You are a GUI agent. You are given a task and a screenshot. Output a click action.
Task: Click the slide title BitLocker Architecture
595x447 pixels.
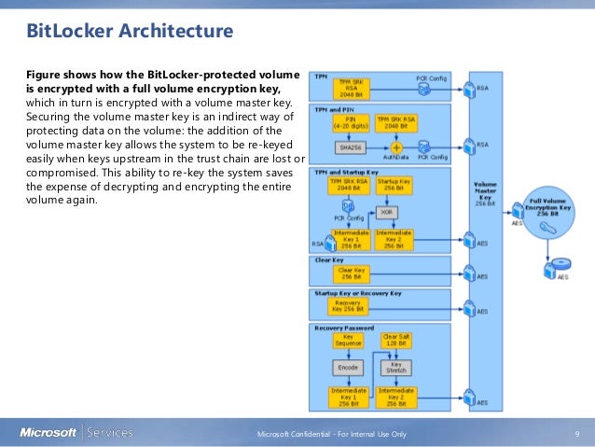click(131, 34)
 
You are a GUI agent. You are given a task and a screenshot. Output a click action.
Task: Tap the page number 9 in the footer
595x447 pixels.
click(577, 433)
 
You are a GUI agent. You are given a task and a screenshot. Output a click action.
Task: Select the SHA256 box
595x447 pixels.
click(350, 147)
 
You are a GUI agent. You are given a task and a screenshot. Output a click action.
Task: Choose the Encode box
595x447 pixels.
click(349, 368)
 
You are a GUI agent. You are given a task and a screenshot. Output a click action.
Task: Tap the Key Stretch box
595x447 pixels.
click(395, 368)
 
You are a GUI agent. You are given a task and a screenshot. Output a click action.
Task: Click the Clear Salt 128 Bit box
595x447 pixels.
click(395, 342)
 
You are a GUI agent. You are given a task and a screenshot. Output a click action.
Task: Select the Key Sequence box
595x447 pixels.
click(349, 342)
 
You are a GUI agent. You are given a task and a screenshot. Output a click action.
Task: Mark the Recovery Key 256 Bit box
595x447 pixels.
click(349, 305)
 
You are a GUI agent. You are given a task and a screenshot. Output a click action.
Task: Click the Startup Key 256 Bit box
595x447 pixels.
click(394, 184)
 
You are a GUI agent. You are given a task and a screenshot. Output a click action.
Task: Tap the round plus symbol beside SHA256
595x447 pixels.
click(395, 147)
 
